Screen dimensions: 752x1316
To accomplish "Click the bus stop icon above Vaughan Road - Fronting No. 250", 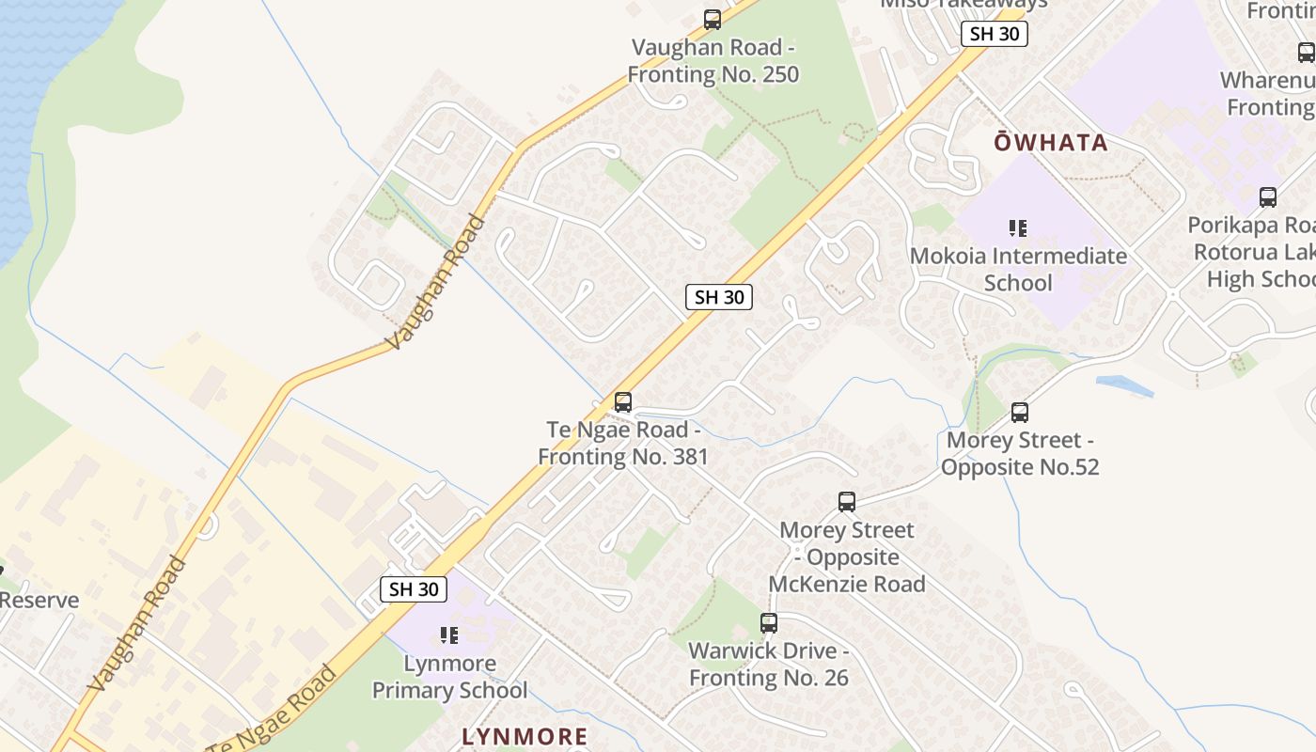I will pyautogui.click(x=713, y=19).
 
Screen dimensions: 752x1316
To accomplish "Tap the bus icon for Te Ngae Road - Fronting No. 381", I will pyautogui.click(x=622, y=402).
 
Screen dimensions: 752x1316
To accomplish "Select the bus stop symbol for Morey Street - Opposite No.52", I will pyautogui.click(x=1020, y=412).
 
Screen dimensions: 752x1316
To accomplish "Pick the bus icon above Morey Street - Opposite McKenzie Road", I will pyautogui.click(x=847, y=502).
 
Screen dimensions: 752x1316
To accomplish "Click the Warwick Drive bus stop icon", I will pyautogui.click(x=769, y=622).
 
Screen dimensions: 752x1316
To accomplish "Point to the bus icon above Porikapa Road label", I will pyautogui.click(x=1268, y=197).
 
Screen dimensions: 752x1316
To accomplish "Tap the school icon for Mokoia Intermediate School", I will pyautogui.click(x=1017, y=227).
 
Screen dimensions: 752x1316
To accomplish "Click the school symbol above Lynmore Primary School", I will pyautogui.click(x=449, y=635).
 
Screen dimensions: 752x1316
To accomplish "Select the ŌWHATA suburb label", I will pyautogui.click(x=1051, y=143).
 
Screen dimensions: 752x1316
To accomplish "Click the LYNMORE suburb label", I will pyautogui.click(x=525, y=736).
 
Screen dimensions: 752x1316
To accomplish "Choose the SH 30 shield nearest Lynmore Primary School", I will pyautogui.click(x=414, y=589).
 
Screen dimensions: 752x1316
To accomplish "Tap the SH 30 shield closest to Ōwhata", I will pyautogui.click(x=995, y=34).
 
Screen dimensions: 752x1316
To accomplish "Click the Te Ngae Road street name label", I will pyautogui.click(x=273, y=710).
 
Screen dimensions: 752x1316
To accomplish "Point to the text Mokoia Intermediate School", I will pyautogui.click(x=1018, y=269).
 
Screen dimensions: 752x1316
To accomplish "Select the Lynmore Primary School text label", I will pyautogui.click(x=449, y=677).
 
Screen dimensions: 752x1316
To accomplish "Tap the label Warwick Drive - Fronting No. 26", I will pyautogui.click(x=769, y=664).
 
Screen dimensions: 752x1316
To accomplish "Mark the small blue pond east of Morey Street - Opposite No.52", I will pyautogui.click(x=1124, y=385).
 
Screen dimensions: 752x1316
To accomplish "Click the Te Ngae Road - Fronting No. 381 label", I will pyautogui.click(x=622, y=444).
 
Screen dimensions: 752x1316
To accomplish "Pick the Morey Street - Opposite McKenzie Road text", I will pyautogui.click(x=847, y=556).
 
